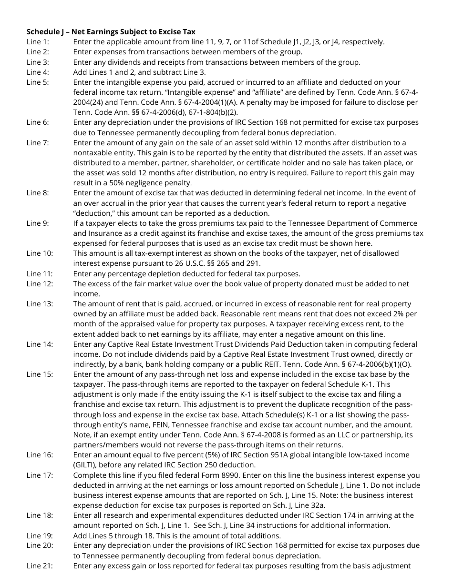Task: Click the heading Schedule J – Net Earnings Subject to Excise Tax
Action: (111, 32)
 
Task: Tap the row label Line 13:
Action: (40, 304)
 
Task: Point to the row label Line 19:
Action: (40, 535)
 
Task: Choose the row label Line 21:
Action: (40, 566)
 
